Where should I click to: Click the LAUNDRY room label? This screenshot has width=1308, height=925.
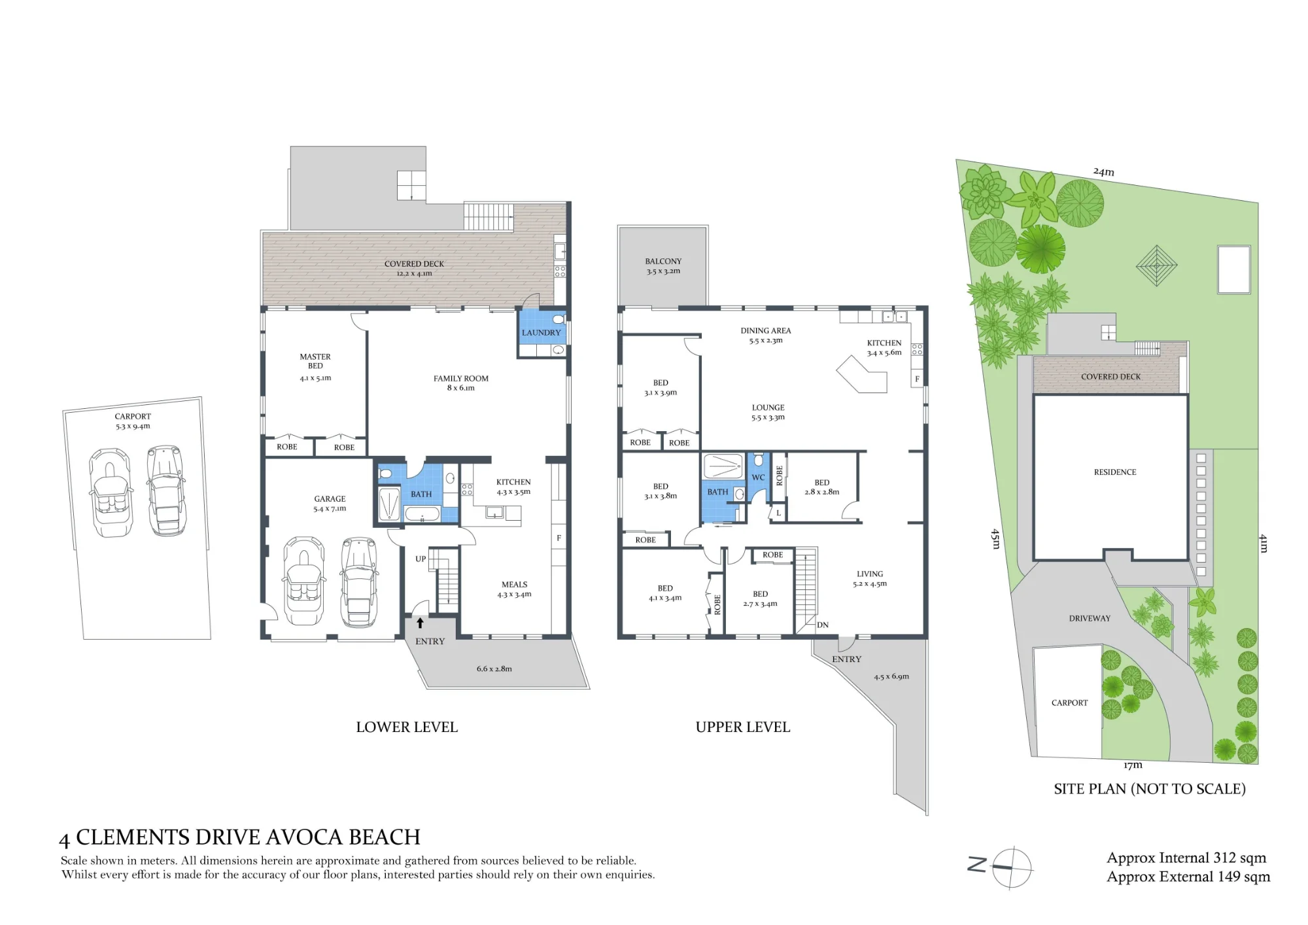pyautogui.click(x=541, y=332)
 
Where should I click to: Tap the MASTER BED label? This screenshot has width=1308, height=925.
pyautogui.click(x=315, y=361)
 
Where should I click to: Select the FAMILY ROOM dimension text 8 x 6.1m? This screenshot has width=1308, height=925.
pyautogui.click(x=460, y=388)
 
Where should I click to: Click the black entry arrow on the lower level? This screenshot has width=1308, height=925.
pyautogui.click(x=420, y=623)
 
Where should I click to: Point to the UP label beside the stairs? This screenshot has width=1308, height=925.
pyautogui.click(x=421, y=559)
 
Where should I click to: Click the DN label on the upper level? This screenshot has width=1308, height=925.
pyautogui.click(x=823, y=625)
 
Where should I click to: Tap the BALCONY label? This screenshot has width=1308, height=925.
pyautogui.click(x=663, y=261)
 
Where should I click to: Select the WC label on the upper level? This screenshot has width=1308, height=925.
pyautogui.click(x=758, y=478)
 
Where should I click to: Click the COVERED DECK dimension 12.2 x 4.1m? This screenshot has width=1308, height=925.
pyautogui.click(x=414, y=273)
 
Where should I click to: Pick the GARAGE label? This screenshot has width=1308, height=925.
pyautogui.click(x=330, y=498)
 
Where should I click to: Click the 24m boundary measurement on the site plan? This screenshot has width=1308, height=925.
pyautogui.click(x=1104, y=172)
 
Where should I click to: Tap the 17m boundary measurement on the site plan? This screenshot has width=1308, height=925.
pyautogui.click(x=1133, y=765)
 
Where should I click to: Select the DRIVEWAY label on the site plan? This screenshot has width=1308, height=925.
pyautogui.click(x=1090, y=618)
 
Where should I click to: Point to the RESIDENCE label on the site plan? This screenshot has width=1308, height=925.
pyautogui.click(x=1115, y=472)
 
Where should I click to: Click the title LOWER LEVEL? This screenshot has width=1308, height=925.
pyautogui.click(x=407, y=727)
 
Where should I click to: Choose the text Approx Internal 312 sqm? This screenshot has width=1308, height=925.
pyautogui.click(x=1186, y=858)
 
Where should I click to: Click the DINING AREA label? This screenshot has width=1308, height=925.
pyautogui.click(x=766, y=330)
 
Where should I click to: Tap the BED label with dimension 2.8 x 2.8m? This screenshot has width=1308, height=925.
pyautogui.click(x=822, y=482)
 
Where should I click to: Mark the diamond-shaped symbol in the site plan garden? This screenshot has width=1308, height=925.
pyautogui.click(x=1156, y=266)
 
